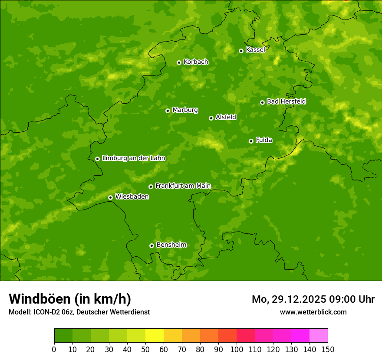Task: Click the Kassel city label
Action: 255,50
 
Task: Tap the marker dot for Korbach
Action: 179,62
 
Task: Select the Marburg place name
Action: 185,110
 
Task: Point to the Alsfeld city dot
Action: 211,118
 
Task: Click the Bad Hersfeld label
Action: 286,101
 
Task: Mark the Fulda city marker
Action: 251,141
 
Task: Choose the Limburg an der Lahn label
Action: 134,158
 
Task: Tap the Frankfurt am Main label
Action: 183,186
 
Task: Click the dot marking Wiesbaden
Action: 110,197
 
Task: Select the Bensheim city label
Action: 171,245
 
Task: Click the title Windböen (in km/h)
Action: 70,299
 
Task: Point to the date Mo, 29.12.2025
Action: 289,299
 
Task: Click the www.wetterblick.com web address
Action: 313,312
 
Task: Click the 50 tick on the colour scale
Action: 145,349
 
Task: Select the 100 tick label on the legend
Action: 237,349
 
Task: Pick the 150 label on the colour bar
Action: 328,349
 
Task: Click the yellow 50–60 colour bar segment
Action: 155,336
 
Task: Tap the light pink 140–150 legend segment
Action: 319,336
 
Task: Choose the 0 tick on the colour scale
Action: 54,349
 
